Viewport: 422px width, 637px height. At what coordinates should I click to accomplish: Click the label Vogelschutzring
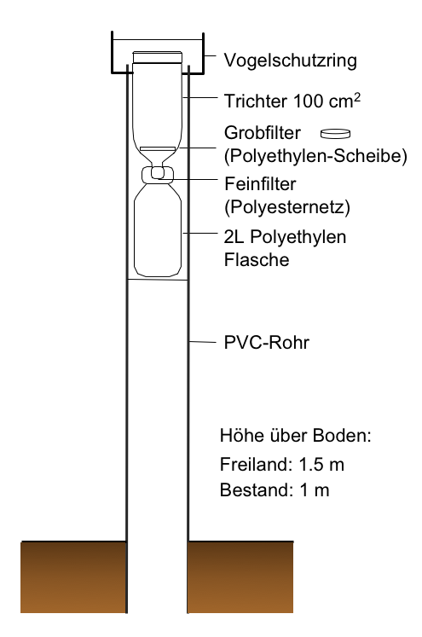pos(291,61)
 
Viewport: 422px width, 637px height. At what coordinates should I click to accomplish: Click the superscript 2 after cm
pos(357,98)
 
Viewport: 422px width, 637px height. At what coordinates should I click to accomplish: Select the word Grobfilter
pos(263,133)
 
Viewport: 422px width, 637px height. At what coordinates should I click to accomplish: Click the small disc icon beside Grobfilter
pos(335,133)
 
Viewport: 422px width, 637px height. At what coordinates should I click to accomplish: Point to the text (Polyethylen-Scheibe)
pos(315,155)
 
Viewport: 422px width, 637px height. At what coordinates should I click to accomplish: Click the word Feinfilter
pos(260,184)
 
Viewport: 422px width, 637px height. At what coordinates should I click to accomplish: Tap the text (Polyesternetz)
pos(287,206)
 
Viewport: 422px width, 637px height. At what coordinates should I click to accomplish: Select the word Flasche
pos(257,259)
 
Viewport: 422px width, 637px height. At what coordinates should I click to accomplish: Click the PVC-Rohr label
pos(267,343)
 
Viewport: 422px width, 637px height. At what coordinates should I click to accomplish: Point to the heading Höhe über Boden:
pos(296,436)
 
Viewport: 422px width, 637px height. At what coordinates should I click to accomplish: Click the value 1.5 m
pos(321,465)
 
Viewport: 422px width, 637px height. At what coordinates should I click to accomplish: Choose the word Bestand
pos(254,490)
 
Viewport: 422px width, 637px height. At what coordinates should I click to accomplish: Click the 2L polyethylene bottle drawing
pos(158,229)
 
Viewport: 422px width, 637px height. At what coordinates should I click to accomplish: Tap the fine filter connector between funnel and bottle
pos(158,175)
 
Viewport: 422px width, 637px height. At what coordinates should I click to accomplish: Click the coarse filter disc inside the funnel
pos(158,148)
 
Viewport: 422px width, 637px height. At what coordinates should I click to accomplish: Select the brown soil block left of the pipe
pos(73,577)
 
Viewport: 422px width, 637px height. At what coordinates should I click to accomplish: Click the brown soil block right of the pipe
pos(241,577)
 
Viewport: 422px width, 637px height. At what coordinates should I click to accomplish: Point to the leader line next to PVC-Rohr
pos(203,342)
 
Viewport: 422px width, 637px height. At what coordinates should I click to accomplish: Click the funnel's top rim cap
pos(157,57)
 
